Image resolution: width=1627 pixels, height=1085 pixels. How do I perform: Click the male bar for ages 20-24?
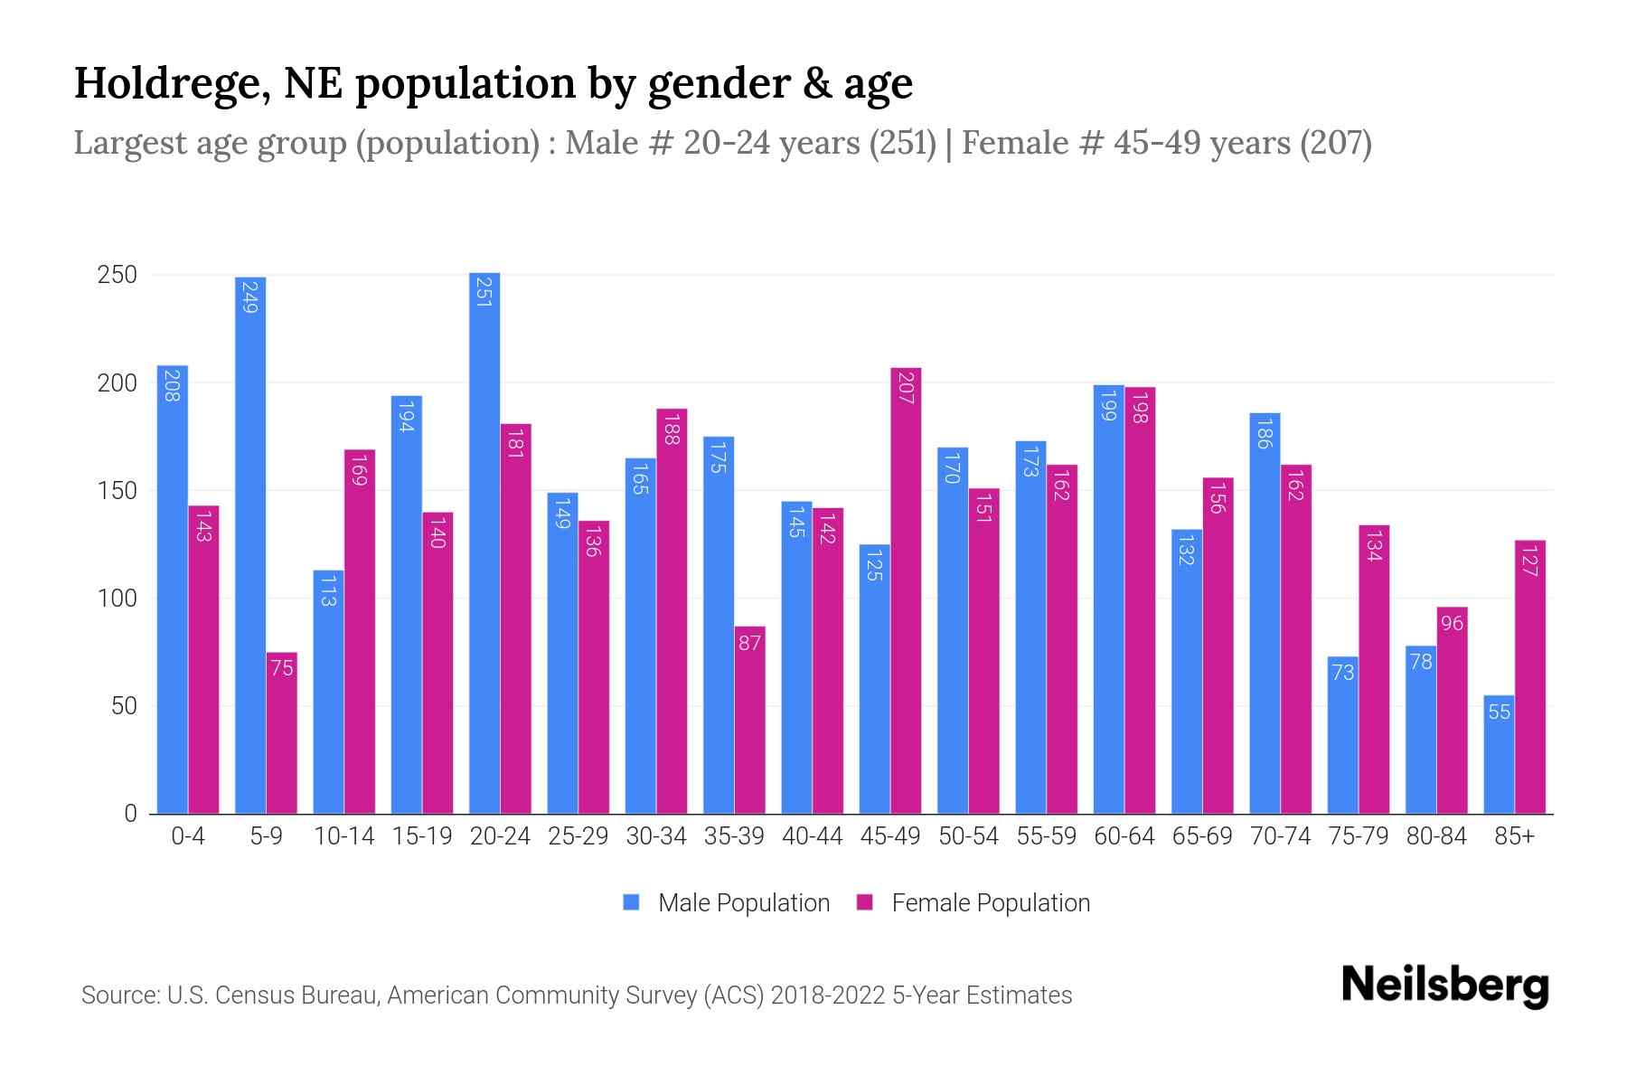(x=484, y=542)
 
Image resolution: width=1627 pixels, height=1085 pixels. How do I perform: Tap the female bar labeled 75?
(x=282, y=732)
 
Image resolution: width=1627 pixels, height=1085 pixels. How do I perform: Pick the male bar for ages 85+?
(x=1499, y=754)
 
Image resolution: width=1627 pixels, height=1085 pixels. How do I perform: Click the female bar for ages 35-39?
(x=749, y=720)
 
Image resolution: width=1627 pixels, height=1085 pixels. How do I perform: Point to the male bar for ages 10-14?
(x=328, y=692)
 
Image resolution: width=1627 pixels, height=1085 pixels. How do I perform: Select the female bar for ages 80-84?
(x=1452, y=710)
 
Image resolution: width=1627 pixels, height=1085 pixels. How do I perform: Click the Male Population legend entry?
(x=727, y=903)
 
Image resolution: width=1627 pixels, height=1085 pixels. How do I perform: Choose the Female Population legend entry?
(x=974, y=903)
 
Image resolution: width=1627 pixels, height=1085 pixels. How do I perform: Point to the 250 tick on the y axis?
(x=118, y=275)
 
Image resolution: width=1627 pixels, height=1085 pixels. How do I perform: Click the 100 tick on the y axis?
(x=118, y=599)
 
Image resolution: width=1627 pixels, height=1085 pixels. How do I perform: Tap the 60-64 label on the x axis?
(x=1124, y=836)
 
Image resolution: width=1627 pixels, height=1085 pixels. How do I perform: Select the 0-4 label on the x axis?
(x=188, y=836)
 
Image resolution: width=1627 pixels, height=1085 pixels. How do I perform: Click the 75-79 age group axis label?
(x=1358, y=836)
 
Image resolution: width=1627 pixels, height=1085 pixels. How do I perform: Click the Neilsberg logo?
(x=1444, y=986)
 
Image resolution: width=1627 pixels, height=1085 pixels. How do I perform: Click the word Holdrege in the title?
(x=168, y=83)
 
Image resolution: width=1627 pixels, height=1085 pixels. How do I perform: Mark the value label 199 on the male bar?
(x=1108, y=408)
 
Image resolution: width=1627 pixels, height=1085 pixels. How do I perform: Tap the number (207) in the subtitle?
(x=1335, y=144)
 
